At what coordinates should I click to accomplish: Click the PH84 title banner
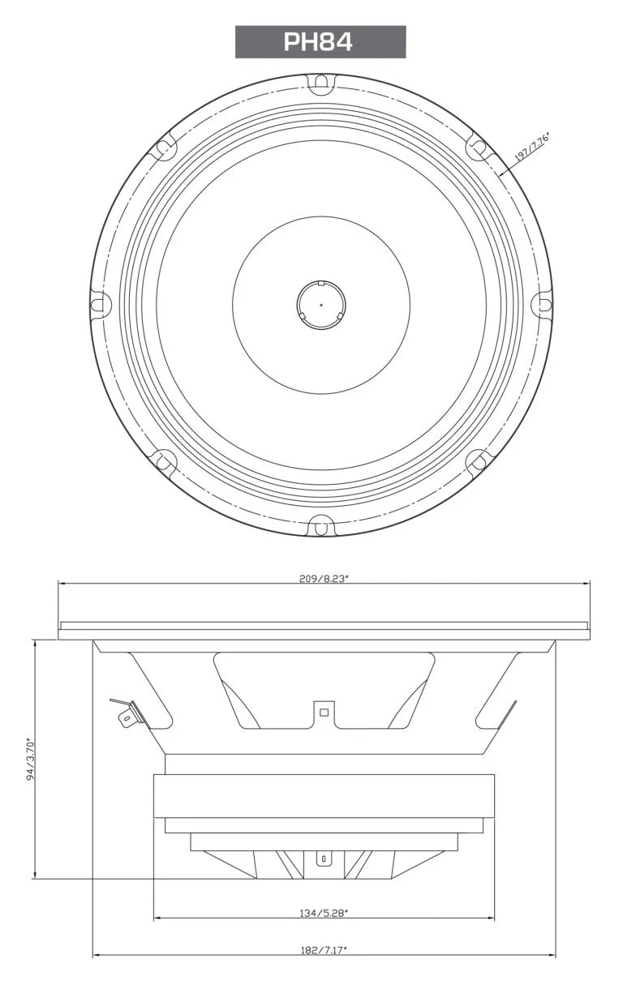(x=320, y=42)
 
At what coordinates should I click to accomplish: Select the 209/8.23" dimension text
(x=324, y=579)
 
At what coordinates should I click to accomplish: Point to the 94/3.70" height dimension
(x=31, y=758)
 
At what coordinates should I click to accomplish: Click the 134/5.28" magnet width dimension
(x=324, y=913)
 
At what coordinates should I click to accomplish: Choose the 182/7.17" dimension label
(x=324, y=949)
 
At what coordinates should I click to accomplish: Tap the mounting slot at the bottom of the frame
(x=321, y=527)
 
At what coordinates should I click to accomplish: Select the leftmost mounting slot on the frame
(x=100, y=305)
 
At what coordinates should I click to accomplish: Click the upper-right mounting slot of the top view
(x=477, y=148)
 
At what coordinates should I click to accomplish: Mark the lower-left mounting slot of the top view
(x=165, y=461)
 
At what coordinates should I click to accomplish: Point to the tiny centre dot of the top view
(x=321, y=306)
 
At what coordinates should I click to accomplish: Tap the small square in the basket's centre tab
(x=324, y=713)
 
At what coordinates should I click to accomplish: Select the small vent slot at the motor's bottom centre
(x=324, y=858)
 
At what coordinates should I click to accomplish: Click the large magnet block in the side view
(x=324, y=796)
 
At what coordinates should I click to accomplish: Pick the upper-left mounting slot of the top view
(x=165, y=148)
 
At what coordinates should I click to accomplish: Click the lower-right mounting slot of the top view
(x=477, y=461)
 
